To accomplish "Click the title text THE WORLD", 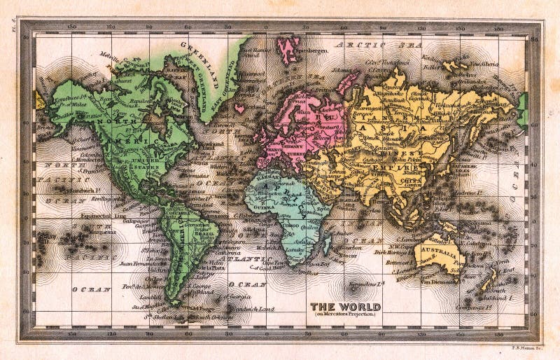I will click(345, 307).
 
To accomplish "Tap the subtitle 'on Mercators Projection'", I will click(346, 314).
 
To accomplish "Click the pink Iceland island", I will click(239, 109).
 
